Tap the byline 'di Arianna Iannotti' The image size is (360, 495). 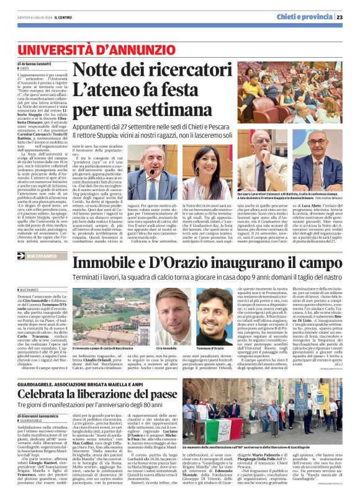(37, 65)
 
